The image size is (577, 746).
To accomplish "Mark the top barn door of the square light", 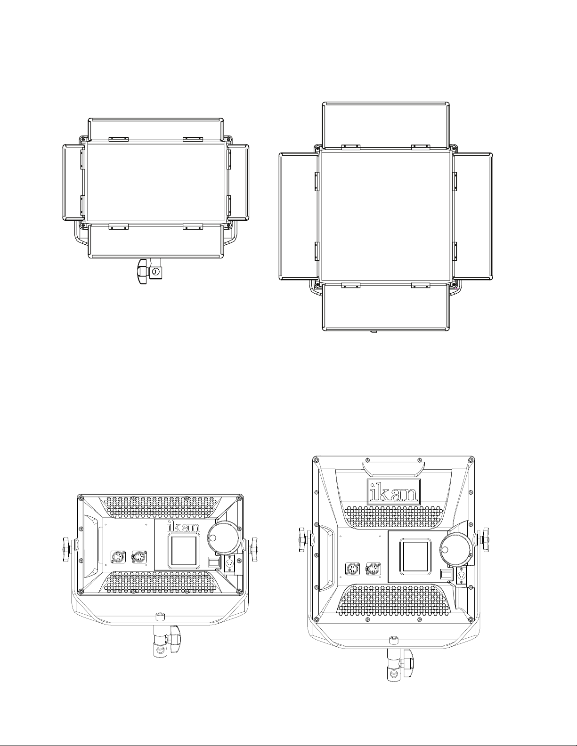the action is pyautogui.click(x=385, y=125).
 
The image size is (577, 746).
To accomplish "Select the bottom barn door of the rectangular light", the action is pyautogui.click(x=155, y=241).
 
